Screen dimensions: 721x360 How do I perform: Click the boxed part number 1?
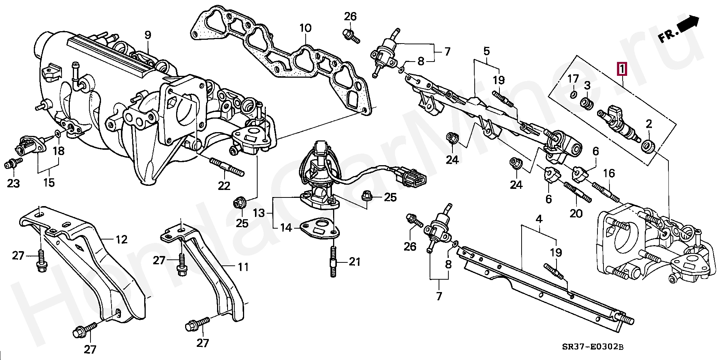[x=622, y=69]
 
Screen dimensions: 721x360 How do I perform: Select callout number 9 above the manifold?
[x=148, y=36]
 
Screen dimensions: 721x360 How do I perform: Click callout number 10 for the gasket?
[x=305, y=28]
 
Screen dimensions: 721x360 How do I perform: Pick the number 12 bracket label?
[x=122, y=239]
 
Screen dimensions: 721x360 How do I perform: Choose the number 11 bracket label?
[x=243, y=267]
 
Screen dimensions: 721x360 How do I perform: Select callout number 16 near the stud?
[x=609, y=173]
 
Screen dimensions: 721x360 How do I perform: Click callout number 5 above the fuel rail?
[x=486, y=50]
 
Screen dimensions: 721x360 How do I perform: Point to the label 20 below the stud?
[x=576, y=213]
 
